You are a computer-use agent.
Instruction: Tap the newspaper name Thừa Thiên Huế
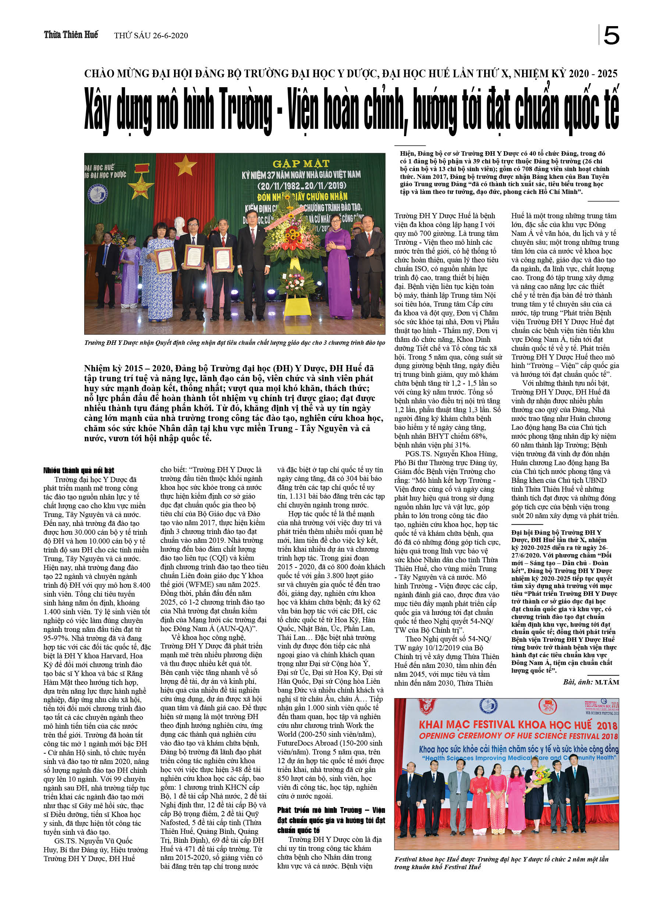pos(71,35)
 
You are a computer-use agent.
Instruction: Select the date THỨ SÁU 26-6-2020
pos(151,35)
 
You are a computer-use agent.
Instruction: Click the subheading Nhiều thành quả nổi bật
pos(79,470)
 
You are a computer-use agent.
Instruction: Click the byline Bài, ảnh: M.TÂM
pos(591,682)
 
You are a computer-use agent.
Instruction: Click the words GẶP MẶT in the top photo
pos(301,163)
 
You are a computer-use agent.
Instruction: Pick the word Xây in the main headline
pos(97,111)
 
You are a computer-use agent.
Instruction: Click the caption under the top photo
pos(234,343)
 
